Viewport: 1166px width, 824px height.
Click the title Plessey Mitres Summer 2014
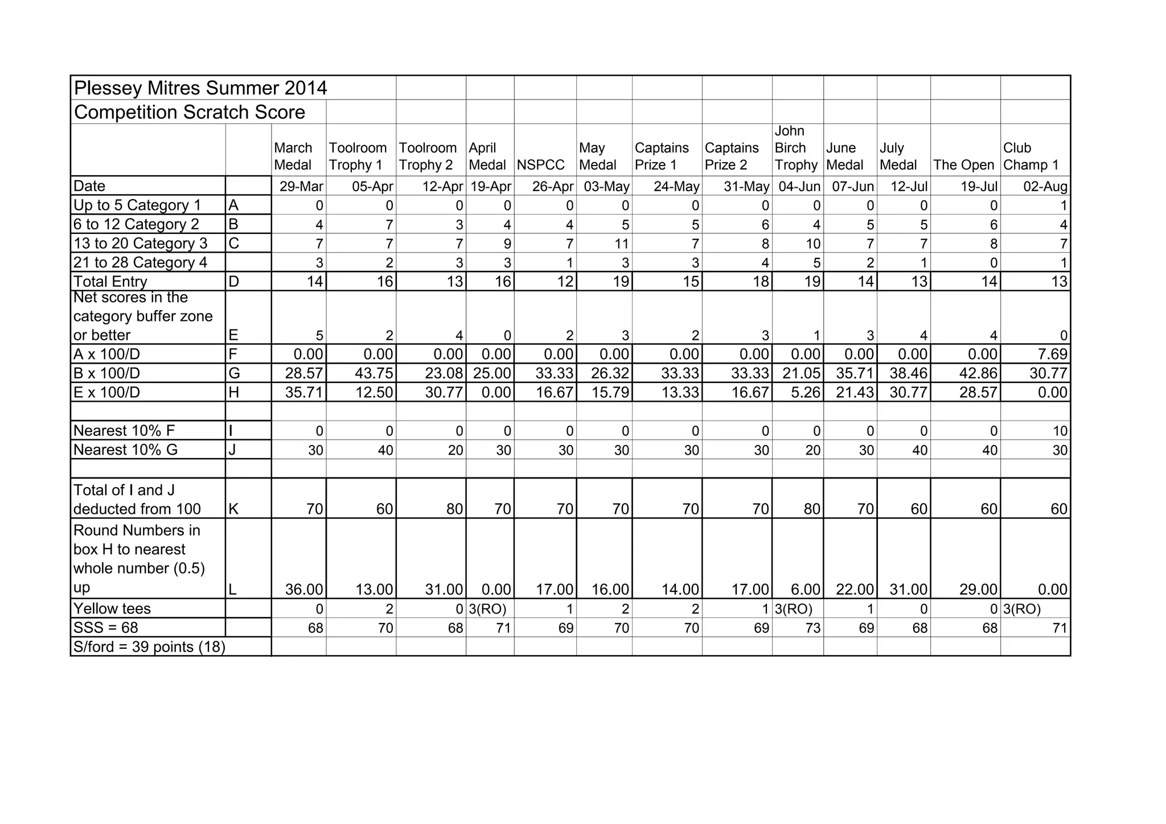click(x=200, y=88)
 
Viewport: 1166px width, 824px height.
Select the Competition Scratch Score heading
click(x=190, y=112)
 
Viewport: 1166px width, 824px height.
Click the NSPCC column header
click(x=540, y=165)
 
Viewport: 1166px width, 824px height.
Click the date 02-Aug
click(x=1045, y=186)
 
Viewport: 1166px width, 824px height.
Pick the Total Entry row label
click(x=110, y=281)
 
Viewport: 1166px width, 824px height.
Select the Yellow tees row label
click(x=112, y=608)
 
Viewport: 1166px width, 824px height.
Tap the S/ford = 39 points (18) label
click(x=149, y=646)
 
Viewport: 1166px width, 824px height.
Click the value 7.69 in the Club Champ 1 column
click(x=1052, y=354)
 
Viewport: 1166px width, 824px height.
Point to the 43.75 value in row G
click(x=374, y=373)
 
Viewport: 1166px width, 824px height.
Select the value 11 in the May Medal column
click(x=621, y=244)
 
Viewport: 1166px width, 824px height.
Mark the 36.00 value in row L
click(x=304, y=589)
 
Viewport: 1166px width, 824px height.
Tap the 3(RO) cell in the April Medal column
click(x=487, y=609)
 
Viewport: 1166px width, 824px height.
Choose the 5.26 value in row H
click(x=805, y=392)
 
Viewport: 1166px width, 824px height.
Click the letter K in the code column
click(x=233, y=509)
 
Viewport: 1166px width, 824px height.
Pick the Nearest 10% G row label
click(x=125, y=450)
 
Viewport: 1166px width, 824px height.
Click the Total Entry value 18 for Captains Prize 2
click(x=761, y=281)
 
